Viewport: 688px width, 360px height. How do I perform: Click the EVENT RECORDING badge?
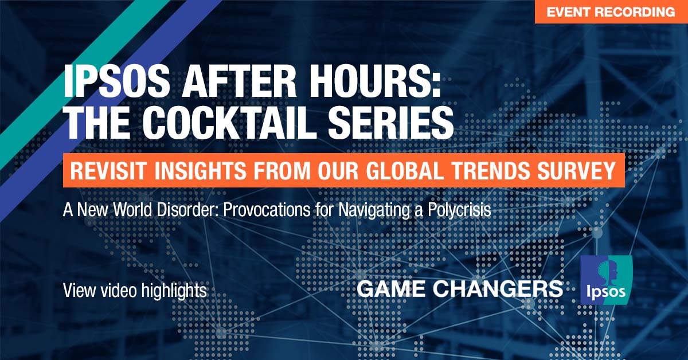(x=611, y=11)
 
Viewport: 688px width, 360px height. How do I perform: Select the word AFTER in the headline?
(x=240, y=82)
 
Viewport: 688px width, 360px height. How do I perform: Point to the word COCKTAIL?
(x=229, y=122)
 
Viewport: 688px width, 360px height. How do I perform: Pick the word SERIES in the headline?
(x=390, y=122)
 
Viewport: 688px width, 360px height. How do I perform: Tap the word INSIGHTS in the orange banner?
(x=200, y=170)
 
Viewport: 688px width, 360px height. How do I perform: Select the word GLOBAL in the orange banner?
(x=405, y=170)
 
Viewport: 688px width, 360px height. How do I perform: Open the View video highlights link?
(x=135, y=291)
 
